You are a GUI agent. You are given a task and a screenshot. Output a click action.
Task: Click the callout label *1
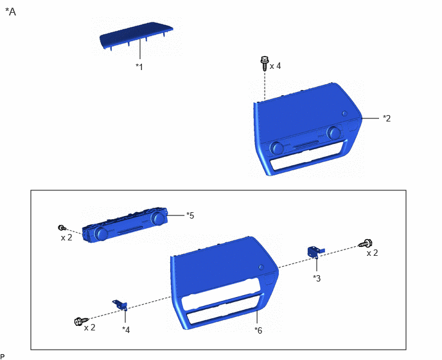tap(139, 67)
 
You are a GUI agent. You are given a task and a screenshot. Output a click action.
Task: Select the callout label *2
tap(387, 118)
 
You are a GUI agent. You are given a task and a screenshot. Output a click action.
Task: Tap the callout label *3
tap(317, 278)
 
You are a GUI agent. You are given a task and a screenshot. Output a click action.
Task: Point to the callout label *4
tap(126, 330)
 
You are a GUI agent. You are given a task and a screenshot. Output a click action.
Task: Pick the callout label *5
tap(190, 215)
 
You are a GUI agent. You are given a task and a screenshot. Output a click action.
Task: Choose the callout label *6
tap(258, 330)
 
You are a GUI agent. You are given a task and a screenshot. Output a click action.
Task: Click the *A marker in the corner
tap(10, 12)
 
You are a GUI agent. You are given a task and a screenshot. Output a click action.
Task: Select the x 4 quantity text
tap(276, 66)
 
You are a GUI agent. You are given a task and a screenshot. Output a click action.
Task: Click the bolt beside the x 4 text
tap(265, 64)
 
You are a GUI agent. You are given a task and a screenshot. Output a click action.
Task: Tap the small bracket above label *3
tap(315, 251)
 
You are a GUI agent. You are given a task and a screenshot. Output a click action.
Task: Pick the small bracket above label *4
tap(121, 305)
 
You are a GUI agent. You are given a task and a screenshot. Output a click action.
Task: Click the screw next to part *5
tap(62, 228)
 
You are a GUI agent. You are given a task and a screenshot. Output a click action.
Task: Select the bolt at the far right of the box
tap(366, 243)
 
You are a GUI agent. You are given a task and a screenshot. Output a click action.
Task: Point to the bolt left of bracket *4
tap(81, 321)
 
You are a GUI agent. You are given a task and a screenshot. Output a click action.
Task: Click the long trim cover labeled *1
tap(136, 35)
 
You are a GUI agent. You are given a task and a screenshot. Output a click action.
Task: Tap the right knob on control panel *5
tap(157, 219)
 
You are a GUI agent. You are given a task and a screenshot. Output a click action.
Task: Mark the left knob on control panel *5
tap(101, 233)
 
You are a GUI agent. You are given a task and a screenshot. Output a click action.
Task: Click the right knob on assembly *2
tap(333, 132)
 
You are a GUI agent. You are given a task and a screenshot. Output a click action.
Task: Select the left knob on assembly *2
tap(276, 148)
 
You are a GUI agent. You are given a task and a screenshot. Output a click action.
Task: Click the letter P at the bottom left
tap(3, 357)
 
